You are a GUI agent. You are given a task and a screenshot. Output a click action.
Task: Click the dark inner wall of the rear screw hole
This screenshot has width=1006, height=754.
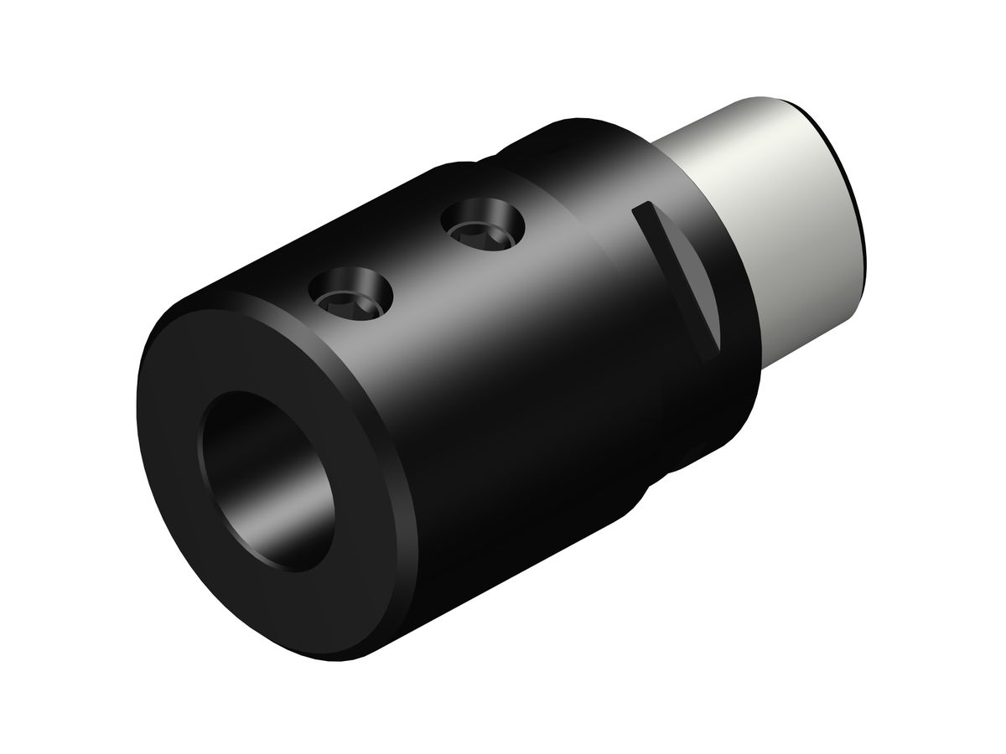(474, 214)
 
